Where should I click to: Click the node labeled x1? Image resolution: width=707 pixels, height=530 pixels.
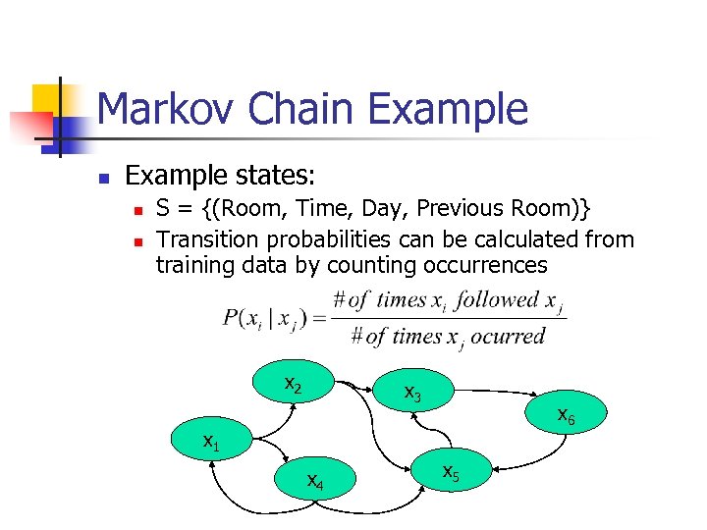pyautogui.click(x=212, y=443)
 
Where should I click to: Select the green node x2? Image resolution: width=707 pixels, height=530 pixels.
pyautogui.click(x=293, y=384)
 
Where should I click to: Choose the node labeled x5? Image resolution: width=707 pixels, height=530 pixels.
pyautogui.click(x=451, y=472)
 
